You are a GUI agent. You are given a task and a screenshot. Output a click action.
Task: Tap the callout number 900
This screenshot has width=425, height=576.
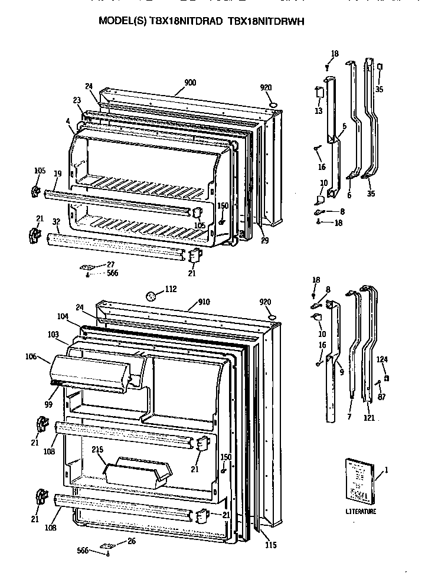tap(189, 83)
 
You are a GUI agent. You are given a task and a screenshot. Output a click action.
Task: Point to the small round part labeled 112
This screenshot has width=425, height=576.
tap(151, 296)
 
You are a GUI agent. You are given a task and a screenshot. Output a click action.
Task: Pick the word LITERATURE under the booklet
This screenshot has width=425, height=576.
tap(361, 512)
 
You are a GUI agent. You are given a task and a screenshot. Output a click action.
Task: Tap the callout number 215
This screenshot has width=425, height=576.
tap(99, 450)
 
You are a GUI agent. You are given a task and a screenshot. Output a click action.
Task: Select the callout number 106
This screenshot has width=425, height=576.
tap(32, 356)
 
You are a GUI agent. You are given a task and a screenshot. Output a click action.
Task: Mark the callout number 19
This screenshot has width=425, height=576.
tap(58, 174)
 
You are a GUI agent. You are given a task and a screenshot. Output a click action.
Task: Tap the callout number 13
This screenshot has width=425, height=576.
tap(318, 110)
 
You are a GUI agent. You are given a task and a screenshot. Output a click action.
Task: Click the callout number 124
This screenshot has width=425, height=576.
tap(382, 359)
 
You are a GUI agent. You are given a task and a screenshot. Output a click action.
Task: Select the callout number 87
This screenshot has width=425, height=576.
tap(382, 397)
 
